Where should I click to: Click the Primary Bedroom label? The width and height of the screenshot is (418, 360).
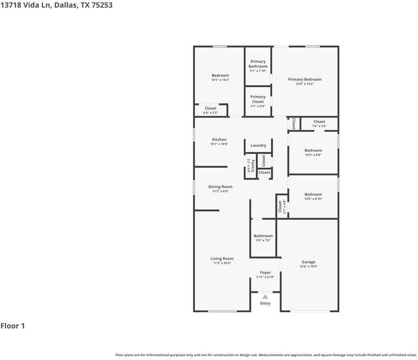tap(305, 79)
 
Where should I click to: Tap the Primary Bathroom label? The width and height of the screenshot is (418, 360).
tap(258, 64)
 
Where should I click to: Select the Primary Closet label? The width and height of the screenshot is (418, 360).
tap(258, 99)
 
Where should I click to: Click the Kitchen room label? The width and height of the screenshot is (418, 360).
tap(219, 140)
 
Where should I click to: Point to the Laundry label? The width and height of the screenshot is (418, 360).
tap(258, 145)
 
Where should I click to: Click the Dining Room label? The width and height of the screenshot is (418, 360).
tap(220, 187)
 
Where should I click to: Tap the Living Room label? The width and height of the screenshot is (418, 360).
tap(222, 258)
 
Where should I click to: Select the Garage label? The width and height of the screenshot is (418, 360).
tap(309, 262)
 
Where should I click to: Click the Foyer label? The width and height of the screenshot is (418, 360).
tap(265, 273)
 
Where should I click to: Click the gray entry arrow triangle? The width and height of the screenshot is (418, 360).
tap(265, 297)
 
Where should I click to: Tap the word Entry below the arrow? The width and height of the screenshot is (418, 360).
tap(265, 303)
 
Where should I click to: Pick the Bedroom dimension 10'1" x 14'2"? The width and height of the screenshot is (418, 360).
tap(220, 80)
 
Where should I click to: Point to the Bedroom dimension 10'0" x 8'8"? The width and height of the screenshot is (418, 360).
tap(313, 155)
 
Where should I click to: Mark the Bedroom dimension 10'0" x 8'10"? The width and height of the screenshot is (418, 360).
tap(313, 199)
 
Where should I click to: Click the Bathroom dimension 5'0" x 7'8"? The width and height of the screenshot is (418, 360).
tap(263, 240)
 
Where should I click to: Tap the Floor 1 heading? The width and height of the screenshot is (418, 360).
tap(13, 326)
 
